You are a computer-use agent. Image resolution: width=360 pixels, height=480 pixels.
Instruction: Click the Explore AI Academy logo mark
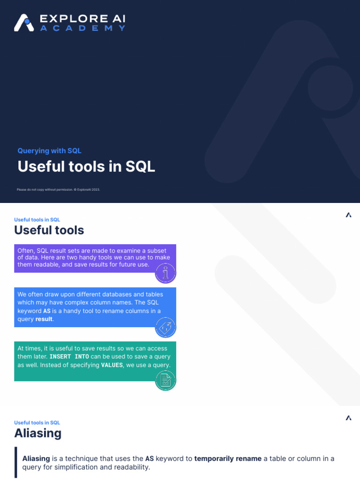23,22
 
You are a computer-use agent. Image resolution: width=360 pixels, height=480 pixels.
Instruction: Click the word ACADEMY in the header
82,28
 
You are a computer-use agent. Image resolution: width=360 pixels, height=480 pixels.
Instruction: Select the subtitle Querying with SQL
49,150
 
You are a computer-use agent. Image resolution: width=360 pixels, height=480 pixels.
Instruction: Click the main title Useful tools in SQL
86,166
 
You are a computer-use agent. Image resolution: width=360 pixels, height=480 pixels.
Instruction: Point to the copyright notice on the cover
59,189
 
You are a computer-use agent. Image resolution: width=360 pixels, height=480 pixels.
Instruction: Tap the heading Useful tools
49,230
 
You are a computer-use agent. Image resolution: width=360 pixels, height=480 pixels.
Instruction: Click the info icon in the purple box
165,273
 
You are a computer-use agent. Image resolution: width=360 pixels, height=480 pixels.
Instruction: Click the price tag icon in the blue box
165,327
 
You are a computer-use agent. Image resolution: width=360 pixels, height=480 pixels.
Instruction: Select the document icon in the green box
165,380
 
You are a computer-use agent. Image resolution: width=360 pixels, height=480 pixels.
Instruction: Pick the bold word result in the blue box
45,319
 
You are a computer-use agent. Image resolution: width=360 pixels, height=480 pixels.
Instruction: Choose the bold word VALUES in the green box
112,365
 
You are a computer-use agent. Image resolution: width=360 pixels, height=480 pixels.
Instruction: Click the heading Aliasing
38,433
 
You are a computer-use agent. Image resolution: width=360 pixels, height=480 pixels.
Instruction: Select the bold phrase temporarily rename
228,458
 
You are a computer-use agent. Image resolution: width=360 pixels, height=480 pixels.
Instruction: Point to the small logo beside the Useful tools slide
348,215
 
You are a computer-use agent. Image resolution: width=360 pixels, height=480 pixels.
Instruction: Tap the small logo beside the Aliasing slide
348,418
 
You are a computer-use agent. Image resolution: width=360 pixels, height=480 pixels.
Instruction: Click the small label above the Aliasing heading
37,422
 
